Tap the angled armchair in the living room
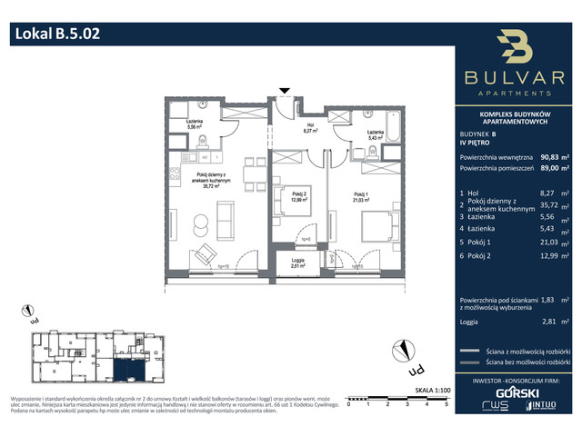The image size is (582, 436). click(x=205, y=253)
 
